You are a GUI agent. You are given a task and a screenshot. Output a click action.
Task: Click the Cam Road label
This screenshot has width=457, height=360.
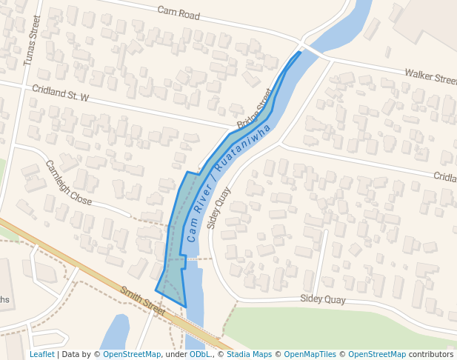pos(179,12)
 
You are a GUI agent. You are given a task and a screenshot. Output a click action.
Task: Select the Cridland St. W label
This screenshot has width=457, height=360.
pos(60,93)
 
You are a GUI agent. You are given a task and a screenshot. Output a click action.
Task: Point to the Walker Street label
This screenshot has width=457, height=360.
pos(430,76)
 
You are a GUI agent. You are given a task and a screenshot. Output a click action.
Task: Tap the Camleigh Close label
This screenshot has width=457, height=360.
pos(68,183)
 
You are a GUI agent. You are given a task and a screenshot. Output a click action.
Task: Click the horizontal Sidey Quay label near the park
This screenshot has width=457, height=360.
pos(322,299)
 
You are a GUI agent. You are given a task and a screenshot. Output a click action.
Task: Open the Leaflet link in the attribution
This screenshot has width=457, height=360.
pos(41,355)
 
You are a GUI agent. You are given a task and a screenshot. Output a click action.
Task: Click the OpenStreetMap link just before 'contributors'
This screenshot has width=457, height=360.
pos(376,355)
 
